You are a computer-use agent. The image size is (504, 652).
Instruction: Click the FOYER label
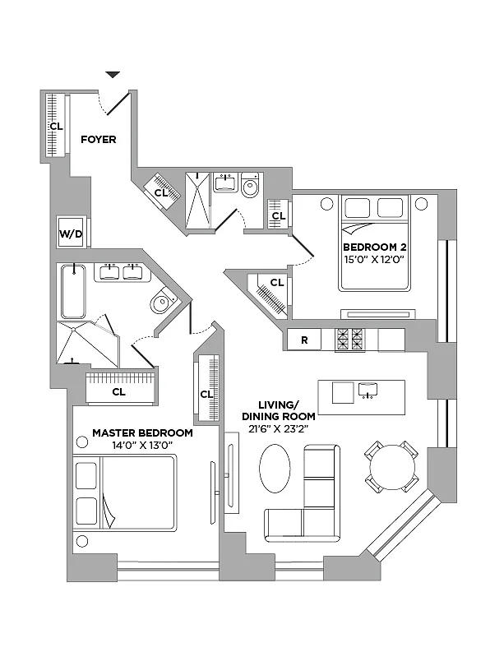click(98, 139)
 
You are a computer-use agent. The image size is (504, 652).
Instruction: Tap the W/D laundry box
click(71, 234)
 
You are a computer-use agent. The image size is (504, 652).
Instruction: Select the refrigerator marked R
click(304, 339)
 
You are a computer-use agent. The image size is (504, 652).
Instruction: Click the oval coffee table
click(275, 469)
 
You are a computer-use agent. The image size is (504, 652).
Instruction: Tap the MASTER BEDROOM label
click(142, 432)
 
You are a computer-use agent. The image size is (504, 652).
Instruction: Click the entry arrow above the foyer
click(113, 76)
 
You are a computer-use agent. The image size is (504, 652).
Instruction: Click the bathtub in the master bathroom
click(73, 291)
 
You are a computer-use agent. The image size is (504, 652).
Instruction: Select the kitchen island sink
click(367, 390)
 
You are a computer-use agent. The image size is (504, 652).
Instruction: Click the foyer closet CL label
click(55, 127)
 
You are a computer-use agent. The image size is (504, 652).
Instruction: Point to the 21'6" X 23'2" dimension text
click(271, 428)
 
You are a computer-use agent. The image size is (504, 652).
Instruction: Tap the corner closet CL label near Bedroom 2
click(277, 283)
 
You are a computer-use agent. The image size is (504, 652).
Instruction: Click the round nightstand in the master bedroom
click(82, 540)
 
